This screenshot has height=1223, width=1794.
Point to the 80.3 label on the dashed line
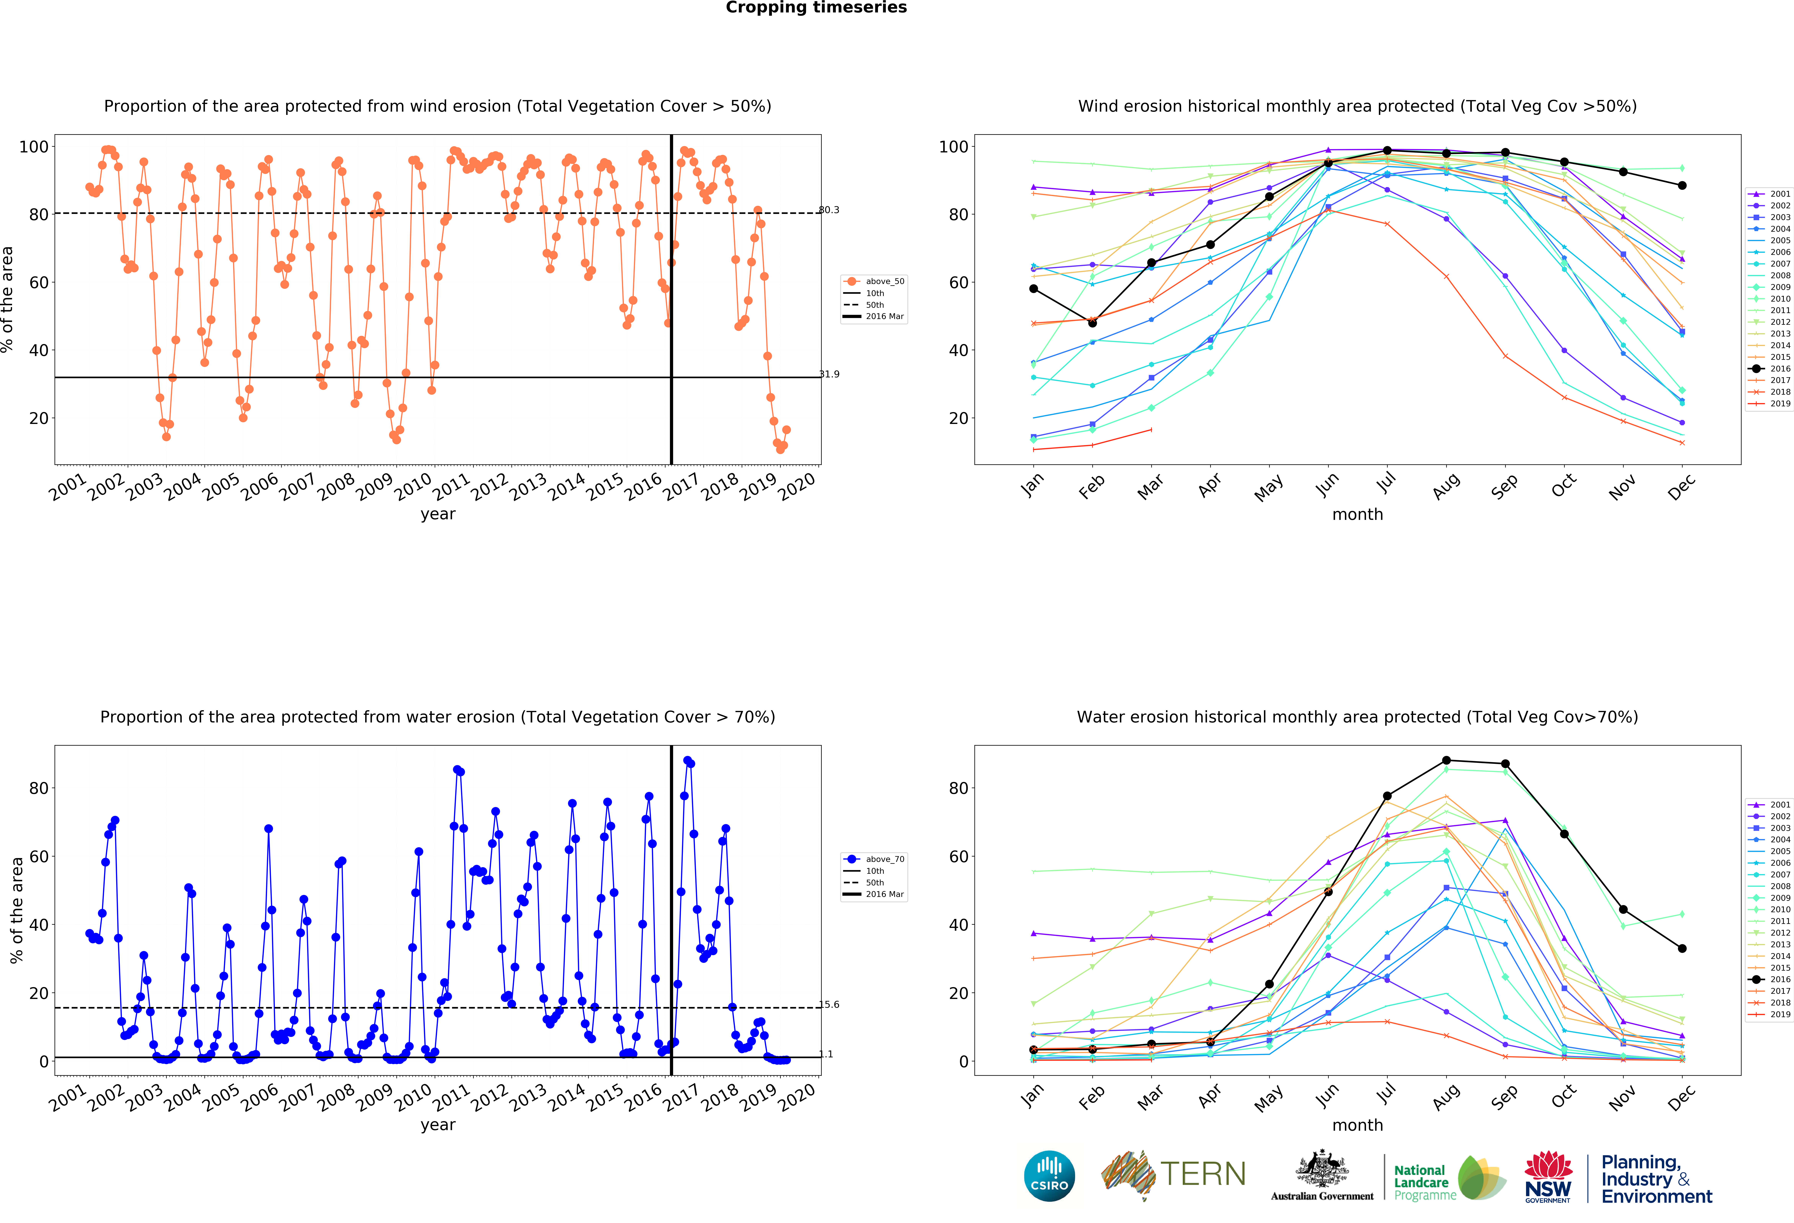pos(829,210)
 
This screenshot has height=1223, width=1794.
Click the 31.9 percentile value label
pos(829,375)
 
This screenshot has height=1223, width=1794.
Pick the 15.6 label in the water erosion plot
pos(829,1005)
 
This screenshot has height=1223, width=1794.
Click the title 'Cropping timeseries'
pos(816,8)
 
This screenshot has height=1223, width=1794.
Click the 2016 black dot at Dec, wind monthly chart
pos(1682,185)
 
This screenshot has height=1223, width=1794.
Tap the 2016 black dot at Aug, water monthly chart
pos(1446,761)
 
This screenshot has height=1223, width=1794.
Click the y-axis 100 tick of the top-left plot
pos(34,147)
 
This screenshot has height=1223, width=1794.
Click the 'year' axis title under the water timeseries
pos(438,1125)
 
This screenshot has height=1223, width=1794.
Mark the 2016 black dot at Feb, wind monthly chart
pos(1092,323)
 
